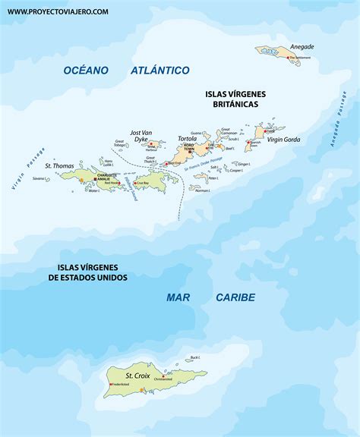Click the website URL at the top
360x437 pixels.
click(x=58, y=11)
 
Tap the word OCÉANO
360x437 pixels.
click(x=86, y=70)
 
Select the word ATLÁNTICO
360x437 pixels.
click(x=159, y=70)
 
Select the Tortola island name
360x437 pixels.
click(x=187, y=139)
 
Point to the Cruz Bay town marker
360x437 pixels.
click(x=137, y=183)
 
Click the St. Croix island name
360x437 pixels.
click(x=137, y=375)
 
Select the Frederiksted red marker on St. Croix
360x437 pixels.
click(x=111, y=385)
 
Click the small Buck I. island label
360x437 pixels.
click(x=195, y=357)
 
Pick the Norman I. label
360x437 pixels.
click(x=203, y=190)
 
